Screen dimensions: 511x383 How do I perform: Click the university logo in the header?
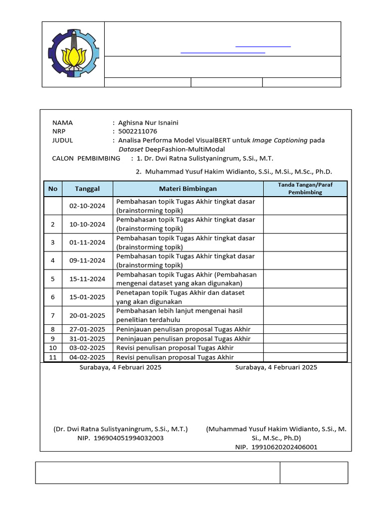[x=73, y=54]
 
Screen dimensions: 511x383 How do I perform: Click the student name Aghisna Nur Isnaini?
[x=148, y=123]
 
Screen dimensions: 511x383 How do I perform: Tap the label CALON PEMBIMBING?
[x=86, y=158]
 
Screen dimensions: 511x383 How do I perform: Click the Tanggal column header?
[x=87, y=189]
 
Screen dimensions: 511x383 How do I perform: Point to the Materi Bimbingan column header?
[x=188, y=189]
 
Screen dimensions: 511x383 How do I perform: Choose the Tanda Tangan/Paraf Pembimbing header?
[x=305, y=189]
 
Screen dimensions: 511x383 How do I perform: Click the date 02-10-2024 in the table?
[x=87, y=206]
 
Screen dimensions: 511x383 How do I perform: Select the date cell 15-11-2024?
[x=87, y=279]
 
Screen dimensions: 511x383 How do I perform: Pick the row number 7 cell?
[x=53, y=315]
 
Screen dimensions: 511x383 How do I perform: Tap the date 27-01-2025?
[x=87, y=329]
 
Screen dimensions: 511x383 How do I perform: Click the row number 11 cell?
[x=53, y=357]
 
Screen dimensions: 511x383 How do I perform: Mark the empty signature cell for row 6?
[x=305, y=297]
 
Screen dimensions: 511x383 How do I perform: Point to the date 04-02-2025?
[x=87, y=357]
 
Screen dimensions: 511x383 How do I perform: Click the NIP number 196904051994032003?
[x=129, y=438]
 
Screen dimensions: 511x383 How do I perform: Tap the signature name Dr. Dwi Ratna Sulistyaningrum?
[x=121, y=429]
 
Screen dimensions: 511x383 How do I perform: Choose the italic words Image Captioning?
[x=280, y=140]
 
